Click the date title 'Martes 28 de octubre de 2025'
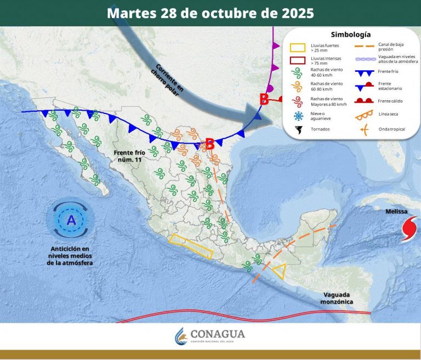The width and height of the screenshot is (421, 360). pos(210,13)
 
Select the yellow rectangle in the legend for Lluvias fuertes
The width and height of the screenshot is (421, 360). pos(298,48)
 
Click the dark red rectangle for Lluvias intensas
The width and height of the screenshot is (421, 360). pos(298,60)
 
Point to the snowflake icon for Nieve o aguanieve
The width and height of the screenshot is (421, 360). pos(298,116)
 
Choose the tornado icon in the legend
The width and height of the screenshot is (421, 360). pos(298,130)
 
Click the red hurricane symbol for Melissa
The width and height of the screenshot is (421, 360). pos(410,228)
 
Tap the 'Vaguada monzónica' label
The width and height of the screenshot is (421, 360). pos(337,298)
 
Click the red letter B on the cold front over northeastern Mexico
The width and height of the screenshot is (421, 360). pos(209,144)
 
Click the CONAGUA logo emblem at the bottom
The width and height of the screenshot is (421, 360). pos(181,335)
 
